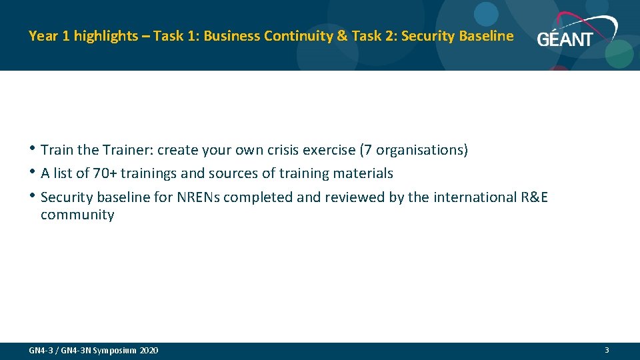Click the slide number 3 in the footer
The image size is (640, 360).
click(x=607, y=350)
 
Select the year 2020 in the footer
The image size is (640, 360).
click(x=149, y=351)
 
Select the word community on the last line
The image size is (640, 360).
click(x=77, y=215)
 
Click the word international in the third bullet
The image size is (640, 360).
click(x=472, y=197)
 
